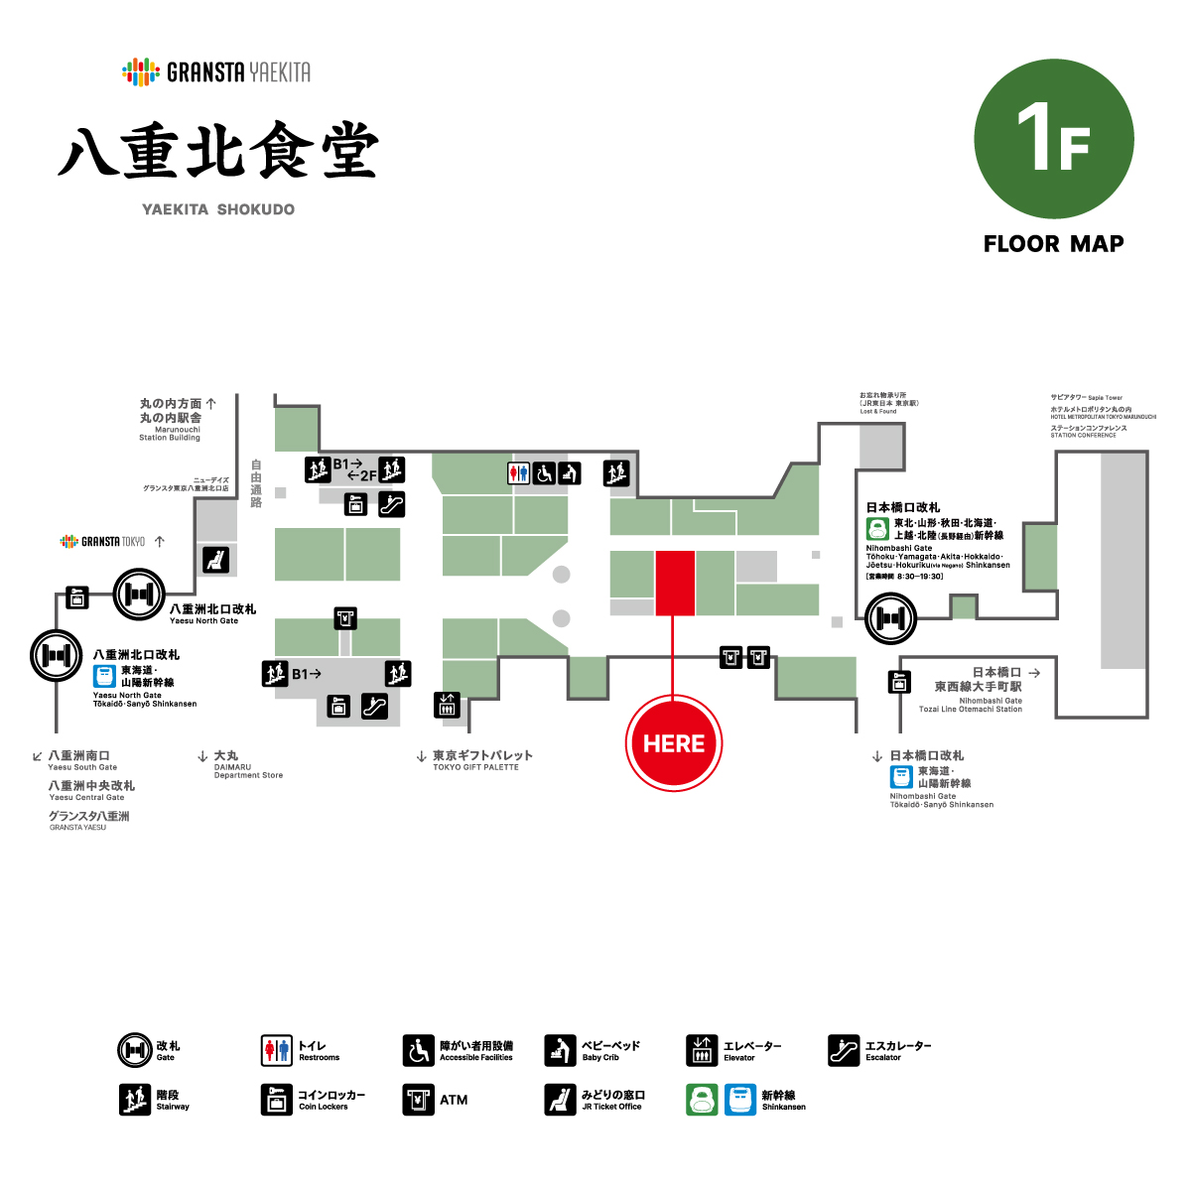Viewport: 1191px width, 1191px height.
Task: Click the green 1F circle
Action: coord(1054,139)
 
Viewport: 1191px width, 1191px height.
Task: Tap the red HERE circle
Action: coord(674,743)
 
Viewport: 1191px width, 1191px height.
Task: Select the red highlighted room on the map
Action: coord(675,583)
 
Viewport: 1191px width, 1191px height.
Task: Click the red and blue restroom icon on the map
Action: coord(519,473)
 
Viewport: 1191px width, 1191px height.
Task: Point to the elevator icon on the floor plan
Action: coord(447,704)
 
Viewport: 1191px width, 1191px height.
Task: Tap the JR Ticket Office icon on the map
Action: coord(215,560)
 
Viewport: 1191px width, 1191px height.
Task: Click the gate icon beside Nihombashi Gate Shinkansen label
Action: coord(890,618)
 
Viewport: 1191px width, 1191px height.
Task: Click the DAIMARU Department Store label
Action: coord(248,771)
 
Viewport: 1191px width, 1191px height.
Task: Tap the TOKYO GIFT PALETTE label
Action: coord(475,767)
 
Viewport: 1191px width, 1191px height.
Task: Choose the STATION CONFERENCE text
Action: coord(1084,435)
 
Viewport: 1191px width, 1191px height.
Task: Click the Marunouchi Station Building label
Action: coord(170,433)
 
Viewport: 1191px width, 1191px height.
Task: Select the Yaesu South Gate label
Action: coord(82,767)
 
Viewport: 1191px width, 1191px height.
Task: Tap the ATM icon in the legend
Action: coord(418,1100)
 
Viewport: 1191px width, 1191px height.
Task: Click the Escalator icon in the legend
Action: coord(844,1050)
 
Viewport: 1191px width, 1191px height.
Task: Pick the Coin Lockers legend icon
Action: coord(277,1100)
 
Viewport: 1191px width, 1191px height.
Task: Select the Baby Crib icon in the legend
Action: coord(560,1050)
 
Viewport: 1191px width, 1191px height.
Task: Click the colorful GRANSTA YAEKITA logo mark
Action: coord(141,71)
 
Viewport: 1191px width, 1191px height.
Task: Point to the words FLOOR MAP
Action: coord(1054,244)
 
